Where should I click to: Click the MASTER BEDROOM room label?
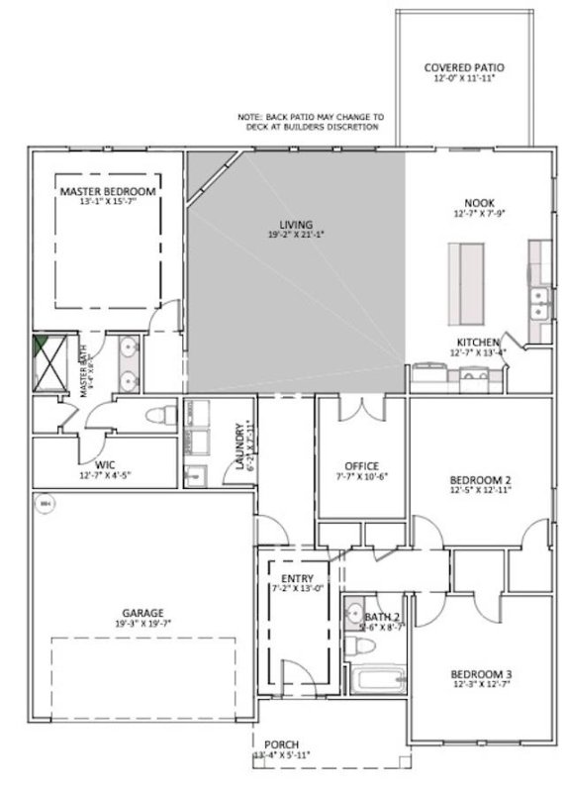coord(107,190)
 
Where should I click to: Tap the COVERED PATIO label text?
coord(464,68)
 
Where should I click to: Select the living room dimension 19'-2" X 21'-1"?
coord(296,235)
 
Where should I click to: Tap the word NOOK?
coord(478,202)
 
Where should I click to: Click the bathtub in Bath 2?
coord(377,682)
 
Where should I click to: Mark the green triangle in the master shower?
coord(40,346)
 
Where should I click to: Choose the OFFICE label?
coord(361,465)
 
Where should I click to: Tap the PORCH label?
coord(282,744)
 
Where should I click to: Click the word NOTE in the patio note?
coord(250,117)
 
